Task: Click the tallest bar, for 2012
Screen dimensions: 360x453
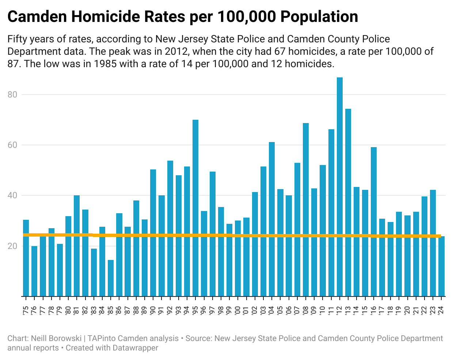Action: click(x=340, y=186)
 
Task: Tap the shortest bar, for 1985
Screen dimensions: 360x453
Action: click(x=111, y=277)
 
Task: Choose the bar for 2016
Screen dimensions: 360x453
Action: click(x=374, y=221)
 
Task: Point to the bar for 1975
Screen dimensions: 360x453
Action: click(x=26, y=257)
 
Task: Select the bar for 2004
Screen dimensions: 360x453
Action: click(x=272, y=219)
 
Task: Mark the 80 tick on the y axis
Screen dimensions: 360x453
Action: click(x=13, y=95)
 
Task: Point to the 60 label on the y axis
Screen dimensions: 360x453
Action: click(x=13, y=145)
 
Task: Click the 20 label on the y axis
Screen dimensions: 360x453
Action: click(x=13, y=246)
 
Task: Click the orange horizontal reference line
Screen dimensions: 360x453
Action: click(x=234, y=235)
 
